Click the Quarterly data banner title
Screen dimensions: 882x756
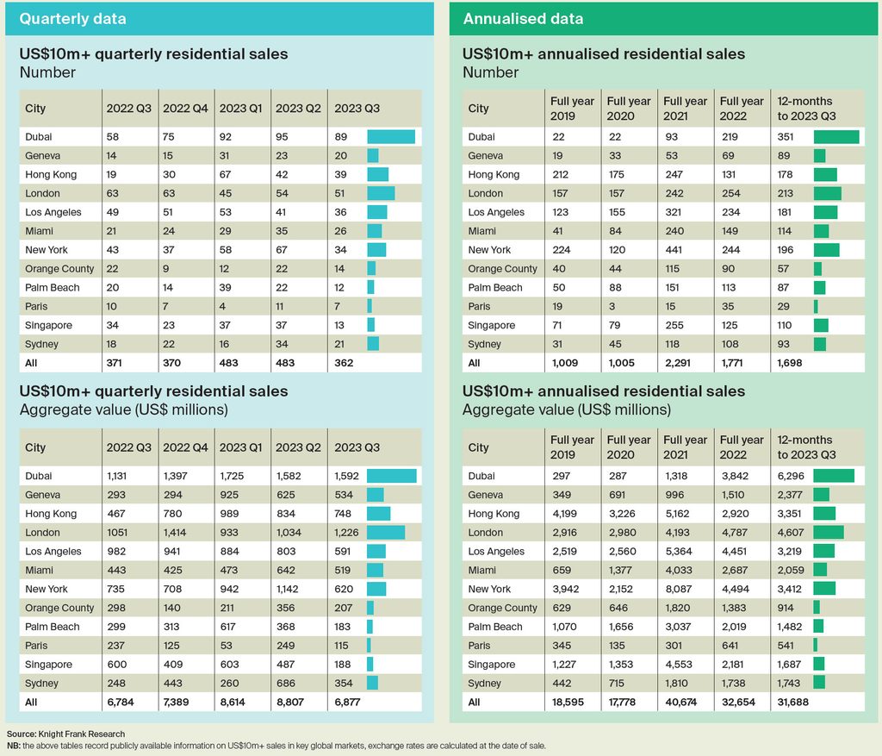coord(72,19)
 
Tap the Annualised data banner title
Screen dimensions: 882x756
coord(523,19)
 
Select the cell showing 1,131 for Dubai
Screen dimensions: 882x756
coord(117,476)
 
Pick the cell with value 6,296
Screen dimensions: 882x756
coord(791,476)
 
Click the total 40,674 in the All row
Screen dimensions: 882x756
coord(680,702)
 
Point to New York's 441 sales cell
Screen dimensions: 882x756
coord(674,249)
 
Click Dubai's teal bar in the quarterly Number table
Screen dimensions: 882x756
coord(391,136)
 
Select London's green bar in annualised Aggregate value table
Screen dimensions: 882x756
coord(829,532)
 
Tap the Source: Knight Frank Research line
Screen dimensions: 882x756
coord(65,734)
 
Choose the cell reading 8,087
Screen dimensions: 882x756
coord(679,589)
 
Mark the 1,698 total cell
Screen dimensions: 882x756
coord(790,363)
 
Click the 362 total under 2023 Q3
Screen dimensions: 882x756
coord(344,363)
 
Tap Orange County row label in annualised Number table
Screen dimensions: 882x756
coord(502,268)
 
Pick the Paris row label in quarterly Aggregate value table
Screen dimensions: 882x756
coord(36,646)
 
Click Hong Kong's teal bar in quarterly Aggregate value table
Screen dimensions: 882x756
coord(379,514)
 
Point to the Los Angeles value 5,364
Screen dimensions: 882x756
coord(679,551)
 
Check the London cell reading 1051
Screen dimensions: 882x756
coord(117,532)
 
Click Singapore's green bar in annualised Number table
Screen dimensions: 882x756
coord(821,325)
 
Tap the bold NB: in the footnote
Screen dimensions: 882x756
coord(14,746)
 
